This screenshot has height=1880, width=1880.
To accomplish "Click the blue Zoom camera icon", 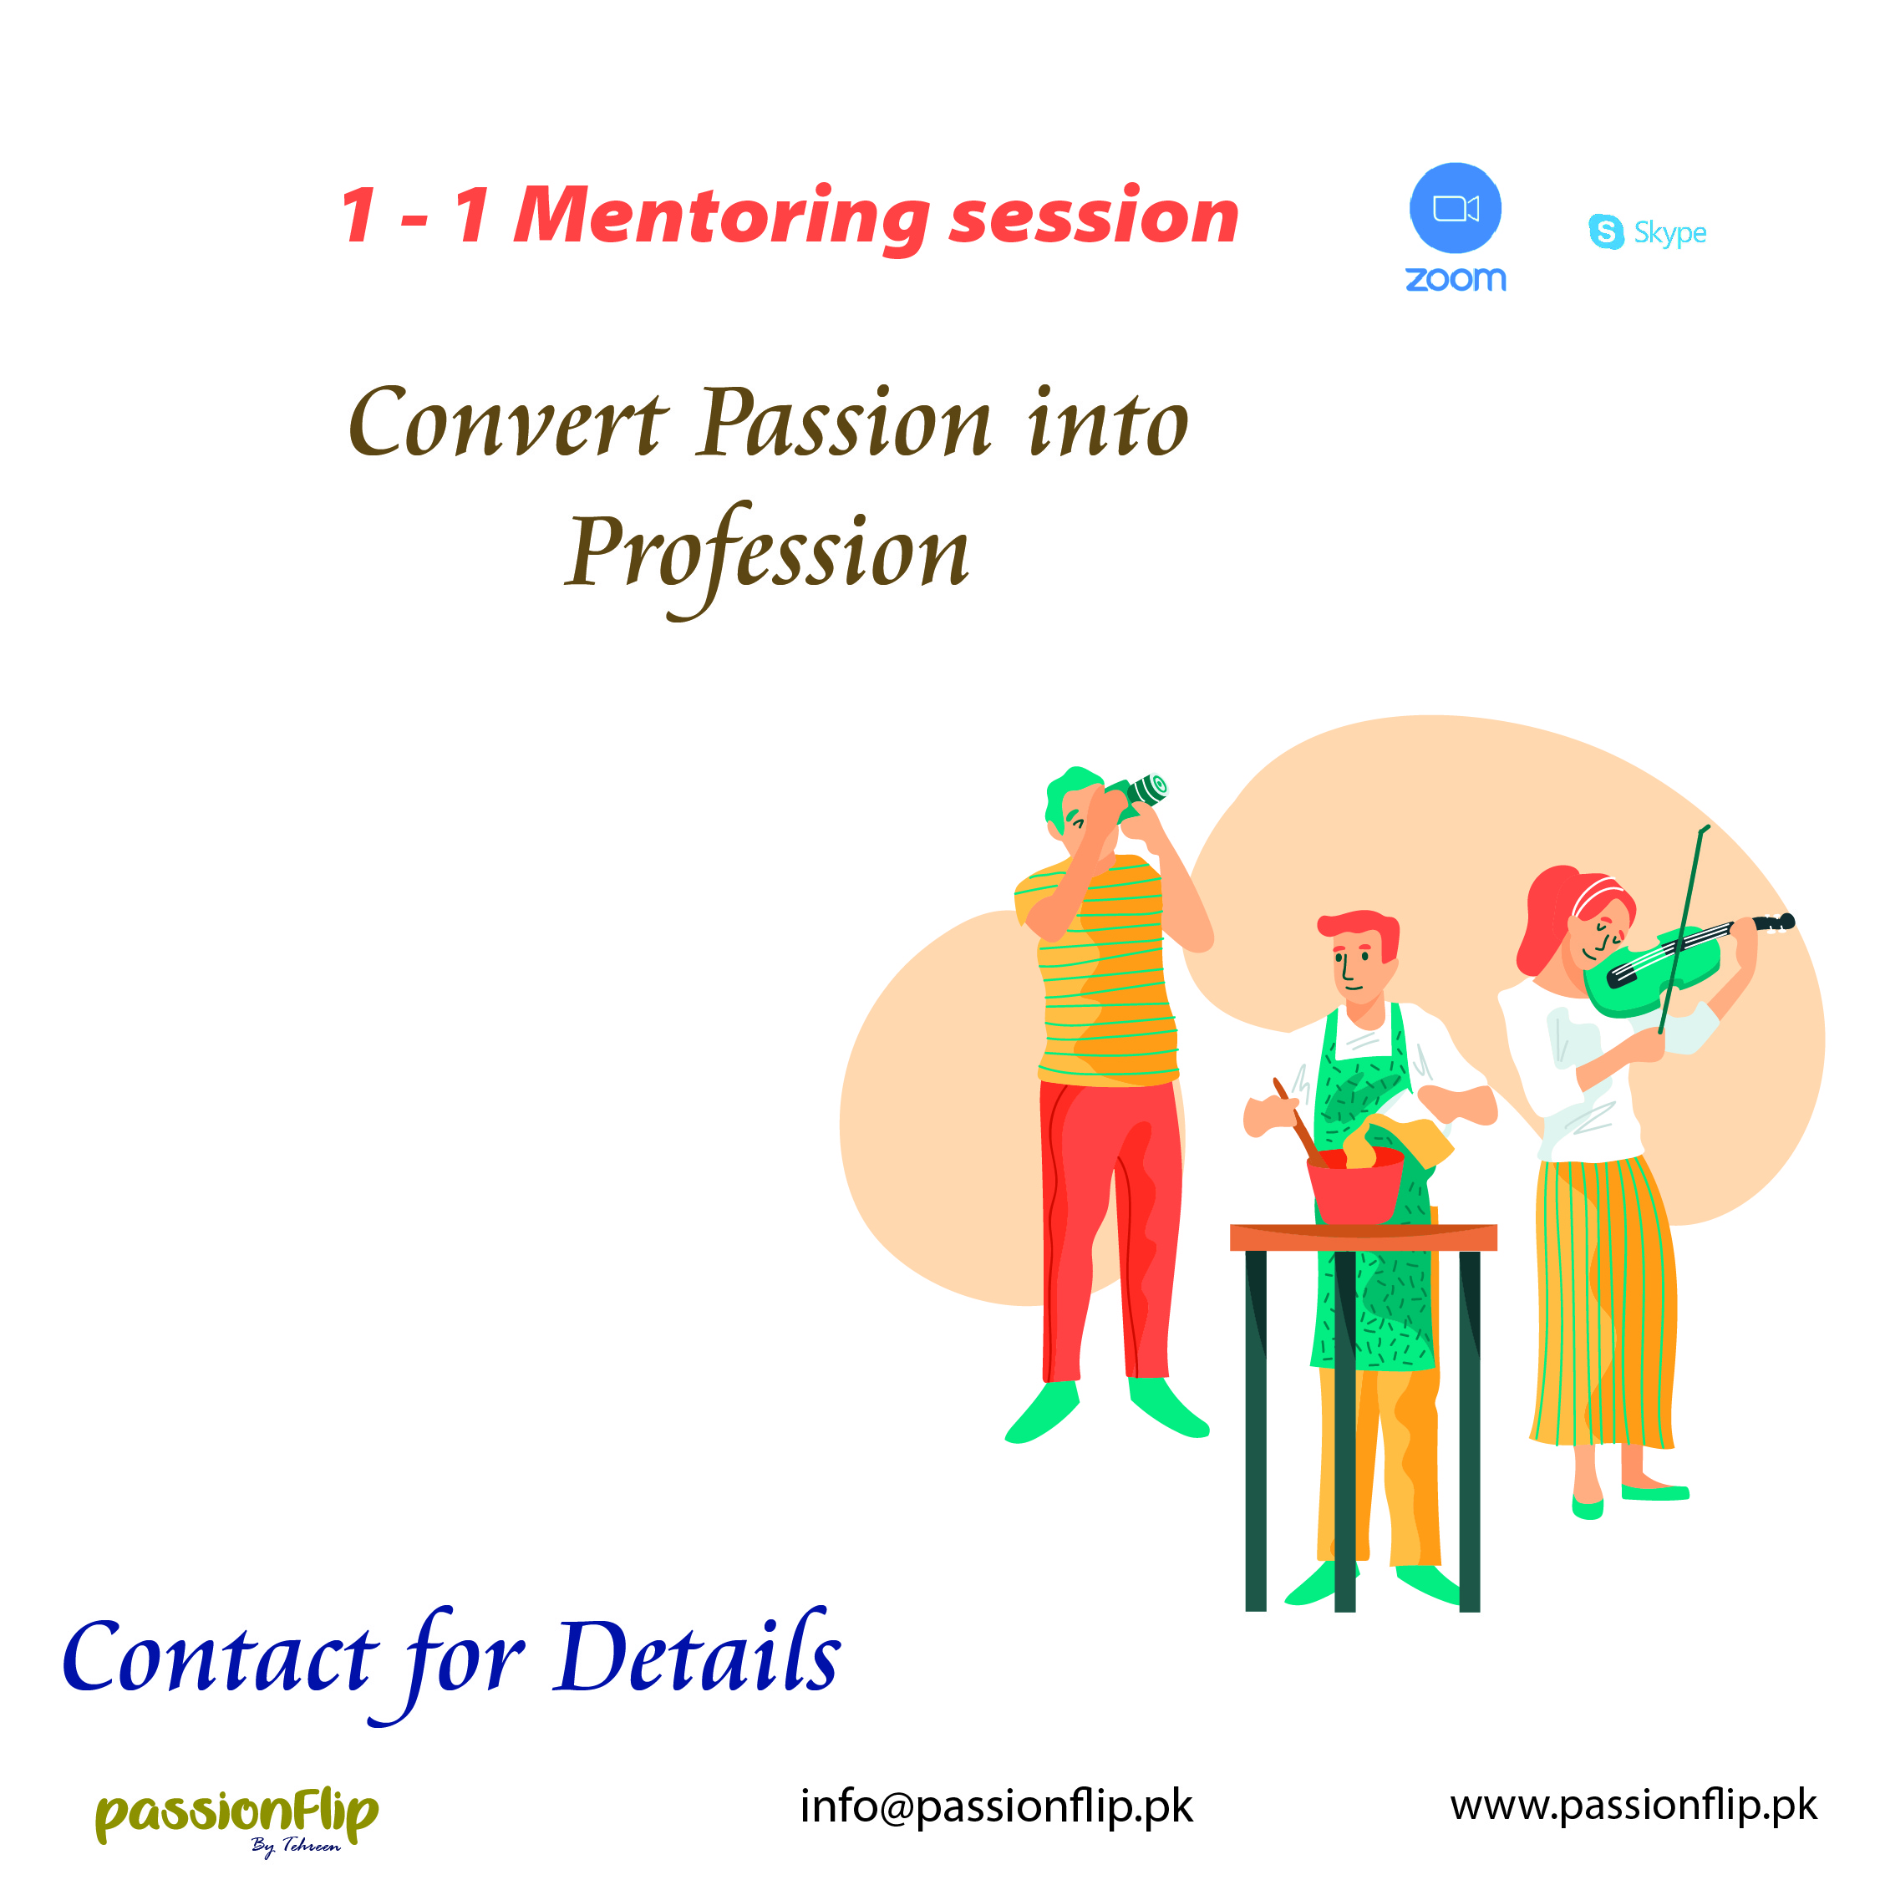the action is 1455,208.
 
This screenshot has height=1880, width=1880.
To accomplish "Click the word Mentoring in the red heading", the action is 721,219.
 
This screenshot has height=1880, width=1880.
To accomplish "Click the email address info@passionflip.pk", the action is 995,1807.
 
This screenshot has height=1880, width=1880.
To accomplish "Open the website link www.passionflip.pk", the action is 1633,1806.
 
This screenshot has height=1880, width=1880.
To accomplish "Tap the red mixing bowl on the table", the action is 1354,1185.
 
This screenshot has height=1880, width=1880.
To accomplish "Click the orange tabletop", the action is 1364,1237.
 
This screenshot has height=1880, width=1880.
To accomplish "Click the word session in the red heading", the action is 1094,217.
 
